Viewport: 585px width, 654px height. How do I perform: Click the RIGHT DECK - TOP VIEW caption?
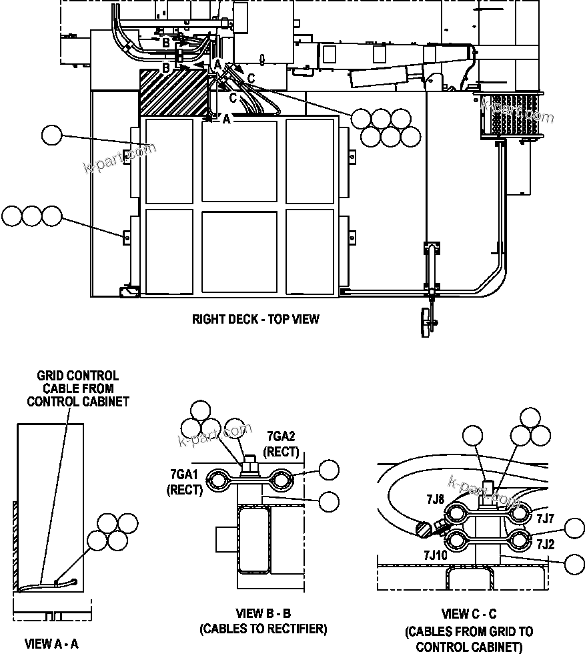pos(255,319)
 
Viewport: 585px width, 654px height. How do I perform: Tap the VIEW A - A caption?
pos(51,644)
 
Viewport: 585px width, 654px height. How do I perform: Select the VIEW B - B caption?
pos(263,613)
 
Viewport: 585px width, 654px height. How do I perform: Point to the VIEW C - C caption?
pos(469,614)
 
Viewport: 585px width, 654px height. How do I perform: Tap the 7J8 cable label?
pos(434,499)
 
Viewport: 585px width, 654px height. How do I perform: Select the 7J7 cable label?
pos(545,517)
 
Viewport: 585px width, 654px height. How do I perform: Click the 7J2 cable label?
pos(545,543)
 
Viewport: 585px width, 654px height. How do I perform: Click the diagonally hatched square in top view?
pos(173,91)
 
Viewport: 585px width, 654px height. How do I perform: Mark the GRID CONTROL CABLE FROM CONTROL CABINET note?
pos(77,388)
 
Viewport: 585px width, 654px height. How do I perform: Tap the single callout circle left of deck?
pos(51,135)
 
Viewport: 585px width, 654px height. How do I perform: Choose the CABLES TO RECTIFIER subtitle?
pos(263,629)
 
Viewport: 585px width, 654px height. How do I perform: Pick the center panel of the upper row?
pos(239,161)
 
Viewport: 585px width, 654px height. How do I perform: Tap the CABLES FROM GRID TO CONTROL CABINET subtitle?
pos(469,639)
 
